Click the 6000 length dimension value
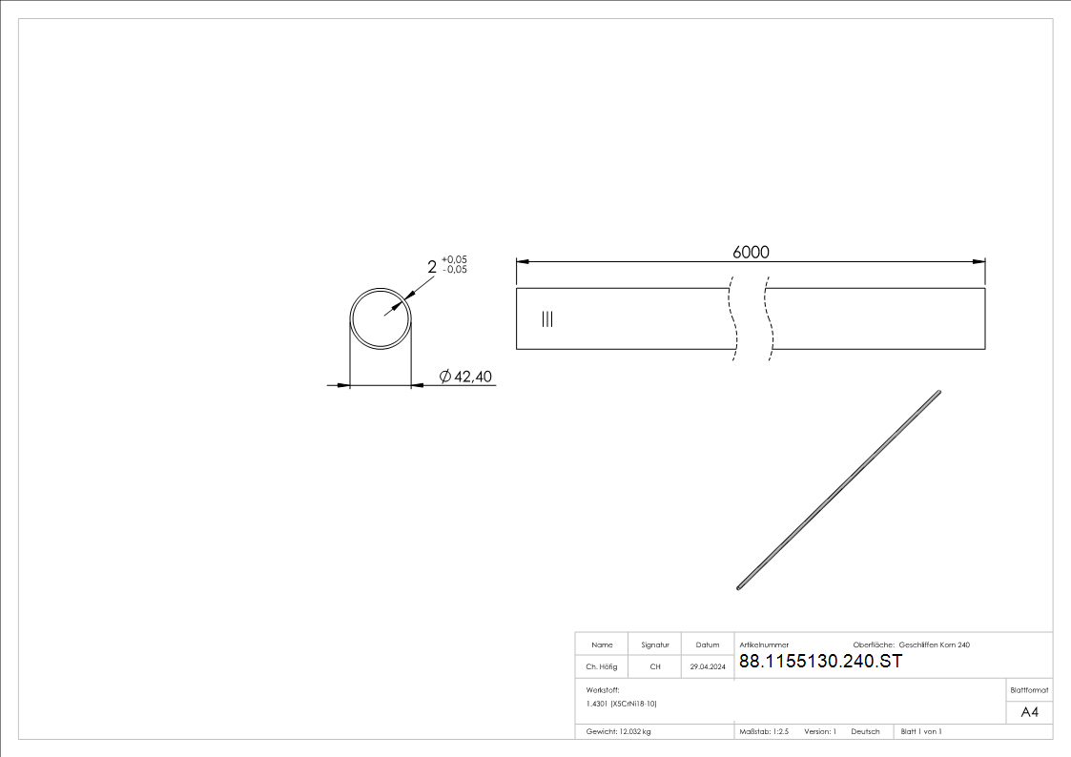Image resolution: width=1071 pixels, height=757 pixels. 751,252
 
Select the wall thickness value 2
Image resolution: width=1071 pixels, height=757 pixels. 432,267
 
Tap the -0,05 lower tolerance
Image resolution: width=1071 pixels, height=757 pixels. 454,270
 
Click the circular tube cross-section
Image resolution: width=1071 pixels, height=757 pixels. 381,318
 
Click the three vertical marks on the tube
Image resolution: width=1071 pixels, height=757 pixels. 546,319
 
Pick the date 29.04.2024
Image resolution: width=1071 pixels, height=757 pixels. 708,667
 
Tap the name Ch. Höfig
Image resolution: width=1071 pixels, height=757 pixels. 602,667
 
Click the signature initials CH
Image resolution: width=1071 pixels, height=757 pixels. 655,667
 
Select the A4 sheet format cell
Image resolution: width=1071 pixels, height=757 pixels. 1029,712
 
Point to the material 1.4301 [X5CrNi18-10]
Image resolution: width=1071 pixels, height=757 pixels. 622,704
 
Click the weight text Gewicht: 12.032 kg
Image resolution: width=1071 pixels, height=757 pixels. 619,731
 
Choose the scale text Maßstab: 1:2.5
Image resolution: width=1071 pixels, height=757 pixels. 764,731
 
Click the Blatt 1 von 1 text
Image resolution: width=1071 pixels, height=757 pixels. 921,731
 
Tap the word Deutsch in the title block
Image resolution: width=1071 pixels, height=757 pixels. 865,731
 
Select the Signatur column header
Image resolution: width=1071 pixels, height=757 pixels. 655,645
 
